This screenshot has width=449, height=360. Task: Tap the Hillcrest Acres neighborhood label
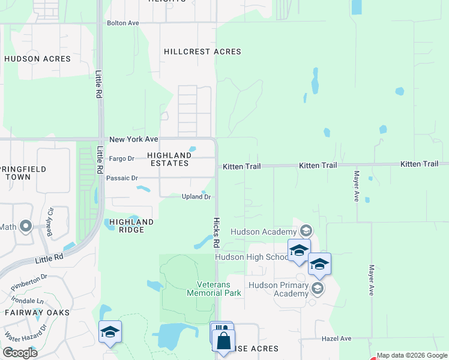click(202, 52)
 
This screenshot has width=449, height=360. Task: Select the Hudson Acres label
click(37, 59)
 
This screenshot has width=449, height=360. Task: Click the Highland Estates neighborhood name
click(169, 159)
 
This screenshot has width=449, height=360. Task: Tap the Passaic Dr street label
click(122, 178)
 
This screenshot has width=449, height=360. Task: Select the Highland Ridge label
click(131, 226)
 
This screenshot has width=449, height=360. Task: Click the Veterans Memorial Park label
click(214, 289)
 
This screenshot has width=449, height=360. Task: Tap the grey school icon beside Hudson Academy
click(306, 231)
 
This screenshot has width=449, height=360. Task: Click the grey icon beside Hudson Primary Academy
click(318, 289)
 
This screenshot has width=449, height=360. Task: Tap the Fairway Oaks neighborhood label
click(37, 313)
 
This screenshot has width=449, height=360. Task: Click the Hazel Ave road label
click(337, 338)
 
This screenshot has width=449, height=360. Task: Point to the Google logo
click(20, 353)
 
